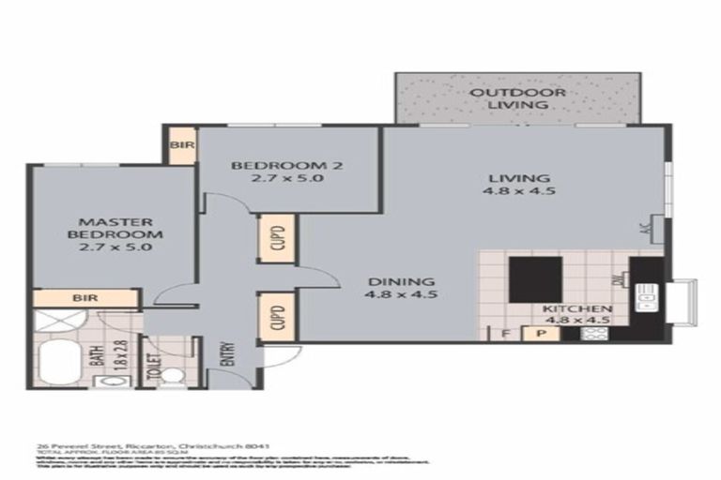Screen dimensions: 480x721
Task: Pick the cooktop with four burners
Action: coord(595,331)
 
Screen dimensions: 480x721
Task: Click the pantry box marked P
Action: coord(541,331)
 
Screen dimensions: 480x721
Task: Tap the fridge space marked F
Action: coord(504,331)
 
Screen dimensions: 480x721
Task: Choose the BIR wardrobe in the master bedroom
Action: coord(84,298)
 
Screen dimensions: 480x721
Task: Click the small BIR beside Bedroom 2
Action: coord(179,145)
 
